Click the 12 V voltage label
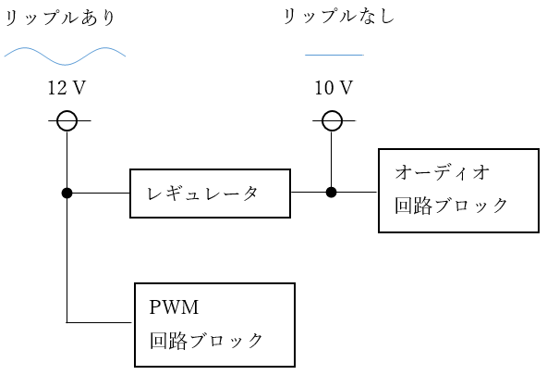(x=67, y=88)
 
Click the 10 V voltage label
(x=334, y=88)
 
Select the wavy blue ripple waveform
(x=65, y=56)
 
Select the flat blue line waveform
(x=334, y=55)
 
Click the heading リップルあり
(x=60, y=18)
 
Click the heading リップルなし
(x=338, y=17)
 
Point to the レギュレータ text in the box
(x=202, y=194)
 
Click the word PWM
(x=174, y=307)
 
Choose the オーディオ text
(x=443, y=172)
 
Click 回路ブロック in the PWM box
(x=206, y=341)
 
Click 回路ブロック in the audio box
(x=451, y=206)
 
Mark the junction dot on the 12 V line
(x=67, y=193)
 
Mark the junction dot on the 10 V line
(x=331, y=192)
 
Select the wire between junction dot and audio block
(x=358, y=192)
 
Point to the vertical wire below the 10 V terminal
(x=331, y=158)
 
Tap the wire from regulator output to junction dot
(x=309, y=192)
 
